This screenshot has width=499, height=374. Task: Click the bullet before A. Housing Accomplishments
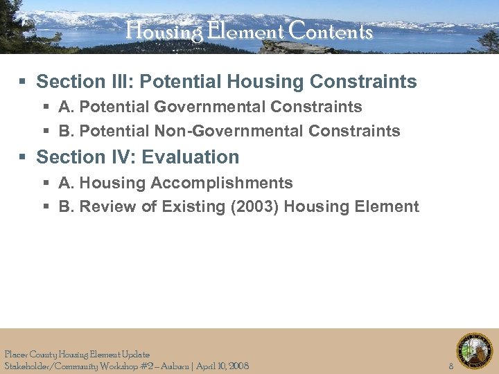(46, 184)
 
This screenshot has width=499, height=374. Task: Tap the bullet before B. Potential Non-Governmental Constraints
(46, 132)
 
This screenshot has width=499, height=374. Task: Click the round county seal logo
(474, 351)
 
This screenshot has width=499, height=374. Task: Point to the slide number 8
(450, 366)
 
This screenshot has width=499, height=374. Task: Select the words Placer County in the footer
(29, 354)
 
